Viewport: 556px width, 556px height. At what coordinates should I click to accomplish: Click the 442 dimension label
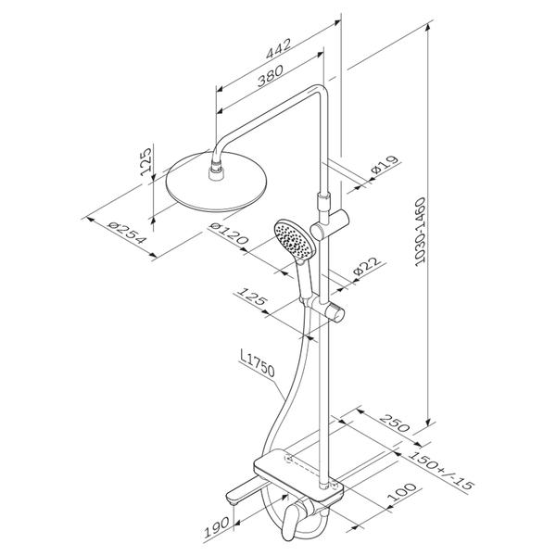pyautogui.click(x=279, y=48)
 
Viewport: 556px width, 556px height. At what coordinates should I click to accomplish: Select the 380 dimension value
pyautogui.click(x=271, y=76)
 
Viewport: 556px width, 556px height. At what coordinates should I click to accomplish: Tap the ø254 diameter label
pyautogui.click(x=127, y=233)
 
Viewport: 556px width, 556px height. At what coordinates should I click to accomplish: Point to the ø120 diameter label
pyautogui.click(x=229, y=234)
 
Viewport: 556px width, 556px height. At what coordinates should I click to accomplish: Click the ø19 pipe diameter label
pyautogui.click(x=385, y=164)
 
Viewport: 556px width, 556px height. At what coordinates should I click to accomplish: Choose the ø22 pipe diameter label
pyautogui.click(x=369, y=265)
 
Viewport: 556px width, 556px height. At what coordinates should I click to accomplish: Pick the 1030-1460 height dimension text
pyautogui.click(x=421, y=233)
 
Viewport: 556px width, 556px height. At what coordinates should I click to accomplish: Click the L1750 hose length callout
pyautogui.click(x=258, y=362)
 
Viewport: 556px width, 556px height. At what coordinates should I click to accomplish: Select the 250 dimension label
pyautogui.click(x=395, y=423)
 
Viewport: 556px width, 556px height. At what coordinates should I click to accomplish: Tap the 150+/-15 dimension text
pyautogui.click(x=441, y=470)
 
